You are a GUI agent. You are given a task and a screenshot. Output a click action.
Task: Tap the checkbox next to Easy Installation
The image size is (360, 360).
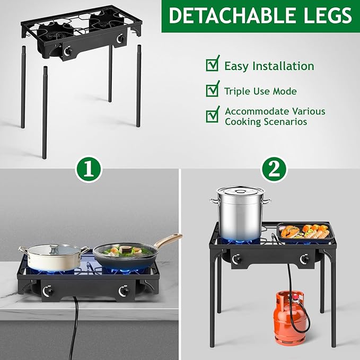(212, 65)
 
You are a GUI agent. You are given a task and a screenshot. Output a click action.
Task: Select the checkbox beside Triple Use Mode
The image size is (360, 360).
(212, 90)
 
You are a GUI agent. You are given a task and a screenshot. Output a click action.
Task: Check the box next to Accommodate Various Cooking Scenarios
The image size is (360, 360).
(212, 114)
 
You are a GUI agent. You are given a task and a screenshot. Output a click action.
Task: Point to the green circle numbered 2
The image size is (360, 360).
(274, 169)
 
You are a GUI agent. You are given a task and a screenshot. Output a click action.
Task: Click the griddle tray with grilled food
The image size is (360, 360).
(304, 232)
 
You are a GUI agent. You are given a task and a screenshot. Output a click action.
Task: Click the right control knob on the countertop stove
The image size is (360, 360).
(124, 291)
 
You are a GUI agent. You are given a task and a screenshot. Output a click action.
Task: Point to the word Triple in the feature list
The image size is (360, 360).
(236, 91)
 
